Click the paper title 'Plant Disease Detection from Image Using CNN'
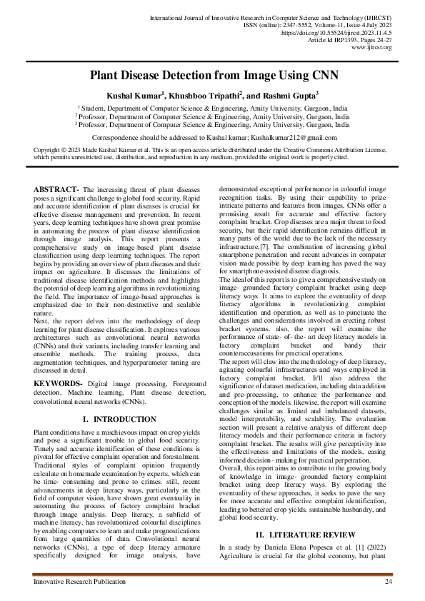212,75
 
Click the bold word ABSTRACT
56,188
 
